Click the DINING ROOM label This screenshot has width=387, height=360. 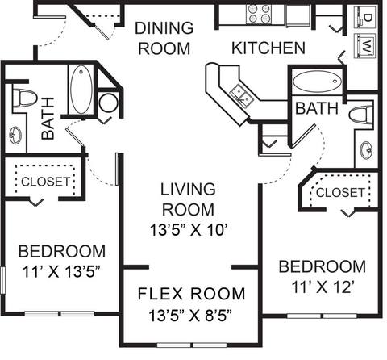164,38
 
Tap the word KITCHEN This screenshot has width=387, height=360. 268,48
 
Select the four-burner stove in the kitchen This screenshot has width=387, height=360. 259,14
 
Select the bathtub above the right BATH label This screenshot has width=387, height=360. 315,82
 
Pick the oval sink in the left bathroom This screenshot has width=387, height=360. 16,135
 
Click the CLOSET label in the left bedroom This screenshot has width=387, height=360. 45,182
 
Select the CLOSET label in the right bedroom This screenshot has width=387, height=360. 339,193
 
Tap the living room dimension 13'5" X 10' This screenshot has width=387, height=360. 188,228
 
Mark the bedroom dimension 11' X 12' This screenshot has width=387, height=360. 322,286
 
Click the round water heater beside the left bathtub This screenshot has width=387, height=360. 107,103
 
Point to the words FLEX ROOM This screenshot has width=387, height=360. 191,293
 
